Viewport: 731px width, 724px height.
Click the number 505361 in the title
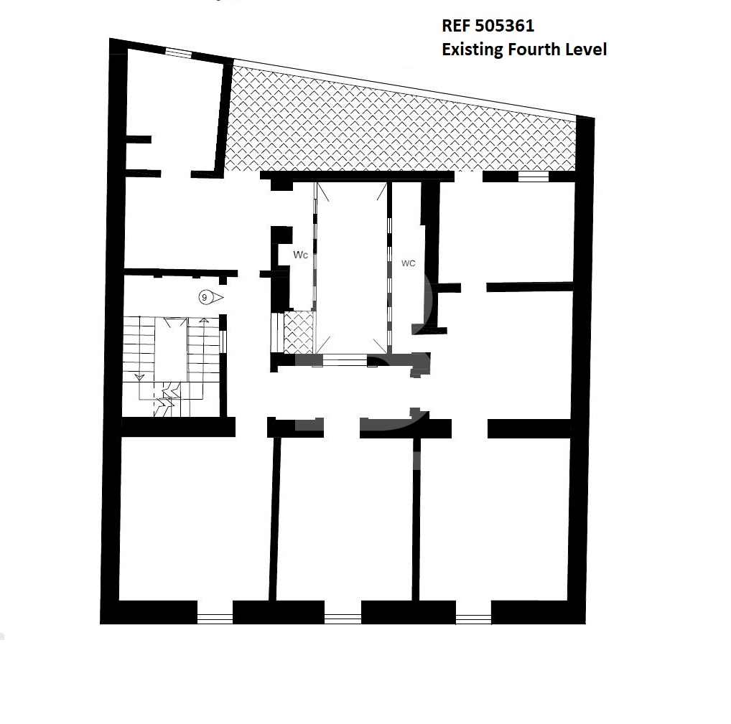(x=504, y=26)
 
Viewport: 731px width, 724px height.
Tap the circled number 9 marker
(x=204, y=297)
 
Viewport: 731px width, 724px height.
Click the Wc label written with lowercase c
(x=300, y=255)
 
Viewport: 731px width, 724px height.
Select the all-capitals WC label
(x=408, y=263)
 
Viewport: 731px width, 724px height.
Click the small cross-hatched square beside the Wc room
(x=299, y=332)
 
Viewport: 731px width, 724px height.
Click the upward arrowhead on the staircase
(x=204, y=321)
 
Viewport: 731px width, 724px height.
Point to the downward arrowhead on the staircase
(x=139, y=377)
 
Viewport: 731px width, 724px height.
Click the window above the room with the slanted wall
(x=178, y=53)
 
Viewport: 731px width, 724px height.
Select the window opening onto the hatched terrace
(x=534, y=177)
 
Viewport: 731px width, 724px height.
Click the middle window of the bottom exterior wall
(x=343, y=619)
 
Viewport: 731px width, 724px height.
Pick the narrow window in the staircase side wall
(x=223, y=341)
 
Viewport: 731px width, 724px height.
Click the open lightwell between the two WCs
(x=352, y=268)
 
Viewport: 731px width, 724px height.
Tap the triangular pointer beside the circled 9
(x=217, y=297)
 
